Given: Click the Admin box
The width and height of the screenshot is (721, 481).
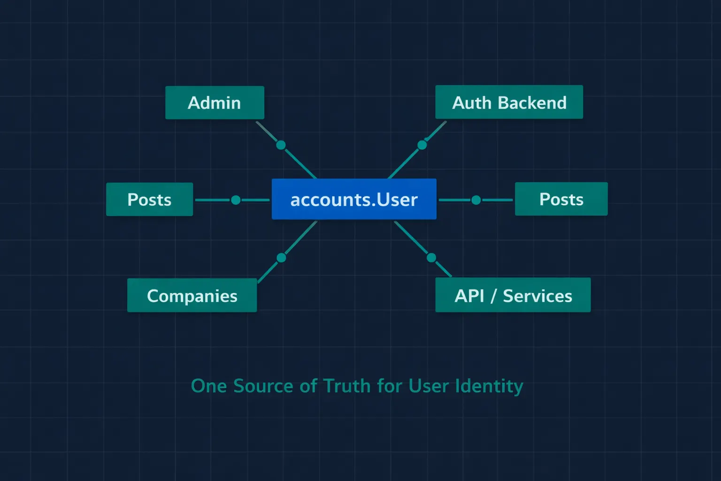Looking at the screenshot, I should [215, 102].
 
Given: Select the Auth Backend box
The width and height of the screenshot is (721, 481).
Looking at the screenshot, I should [509, 102].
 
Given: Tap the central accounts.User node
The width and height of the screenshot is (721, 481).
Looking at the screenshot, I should [354, 199].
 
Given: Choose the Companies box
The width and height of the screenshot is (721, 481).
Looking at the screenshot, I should [192, 295].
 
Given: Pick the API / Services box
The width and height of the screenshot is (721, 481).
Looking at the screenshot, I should [513, 295].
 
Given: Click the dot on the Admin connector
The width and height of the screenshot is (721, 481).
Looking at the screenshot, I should [281, 145].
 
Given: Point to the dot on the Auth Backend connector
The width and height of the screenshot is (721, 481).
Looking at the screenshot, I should [422, 145].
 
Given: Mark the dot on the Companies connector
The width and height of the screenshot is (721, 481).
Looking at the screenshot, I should [281, 257].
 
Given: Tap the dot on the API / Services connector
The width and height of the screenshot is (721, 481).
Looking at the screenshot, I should [431, 257].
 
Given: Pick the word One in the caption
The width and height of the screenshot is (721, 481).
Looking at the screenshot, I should [209, 386].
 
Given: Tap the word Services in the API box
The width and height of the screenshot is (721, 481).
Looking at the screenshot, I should [537, 296].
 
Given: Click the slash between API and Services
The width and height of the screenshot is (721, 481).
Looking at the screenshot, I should [493, 296].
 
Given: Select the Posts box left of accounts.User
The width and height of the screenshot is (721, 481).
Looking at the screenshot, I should [149, 199].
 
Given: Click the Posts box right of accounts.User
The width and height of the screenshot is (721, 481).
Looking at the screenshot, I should [561, 199].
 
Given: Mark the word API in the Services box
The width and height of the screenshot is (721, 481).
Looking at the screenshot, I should [469, 296].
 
